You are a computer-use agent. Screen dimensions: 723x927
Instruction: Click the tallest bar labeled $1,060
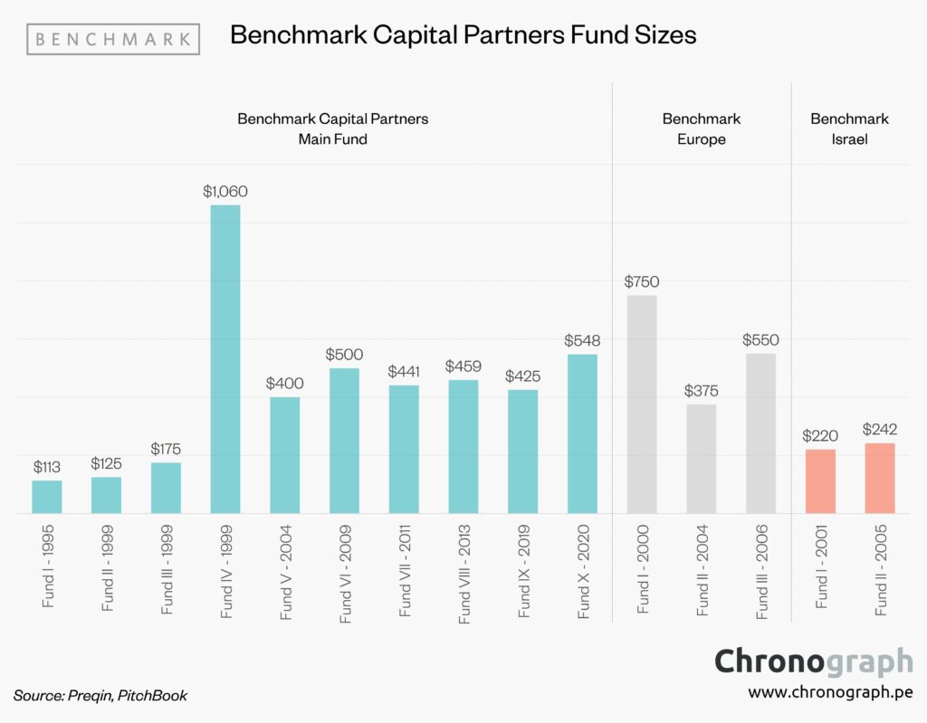click(225, 359)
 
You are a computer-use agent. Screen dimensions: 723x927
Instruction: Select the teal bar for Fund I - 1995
click(47, 497)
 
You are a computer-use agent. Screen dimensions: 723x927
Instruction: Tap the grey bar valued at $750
click(642, 404)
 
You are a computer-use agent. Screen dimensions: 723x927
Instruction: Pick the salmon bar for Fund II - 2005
click(880, 478)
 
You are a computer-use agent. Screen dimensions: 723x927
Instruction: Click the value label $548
click(582, 340)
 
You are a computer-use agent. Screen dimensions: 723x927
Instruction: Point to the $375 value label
click(701, 390)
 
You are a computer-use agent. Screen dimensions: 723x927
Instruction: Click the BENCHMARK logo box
click(113, 39)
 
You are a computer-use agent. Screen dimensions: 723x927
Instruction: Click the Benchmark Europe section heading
click(701, 128)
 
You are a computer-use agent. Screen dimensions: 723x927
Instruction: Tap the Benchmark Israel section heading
click(849, 128)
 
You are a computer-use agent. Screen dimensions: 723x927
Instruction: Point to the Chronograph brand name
click(813, 661)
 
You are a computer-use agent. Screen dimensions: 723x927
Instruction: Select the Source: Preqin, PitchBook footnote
click(100, 695)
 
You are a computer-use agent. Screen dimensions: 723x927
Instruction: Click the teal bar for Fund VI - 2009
click(344, 441)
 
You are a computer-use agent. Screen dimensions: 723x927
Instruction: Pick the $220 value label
click(820, 436)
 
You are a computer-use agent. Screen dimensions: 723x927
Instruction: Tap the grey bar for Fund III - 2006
click(760, 433)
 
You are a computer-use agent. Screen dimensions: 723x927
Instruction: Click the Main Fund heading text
click(332, 139)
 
